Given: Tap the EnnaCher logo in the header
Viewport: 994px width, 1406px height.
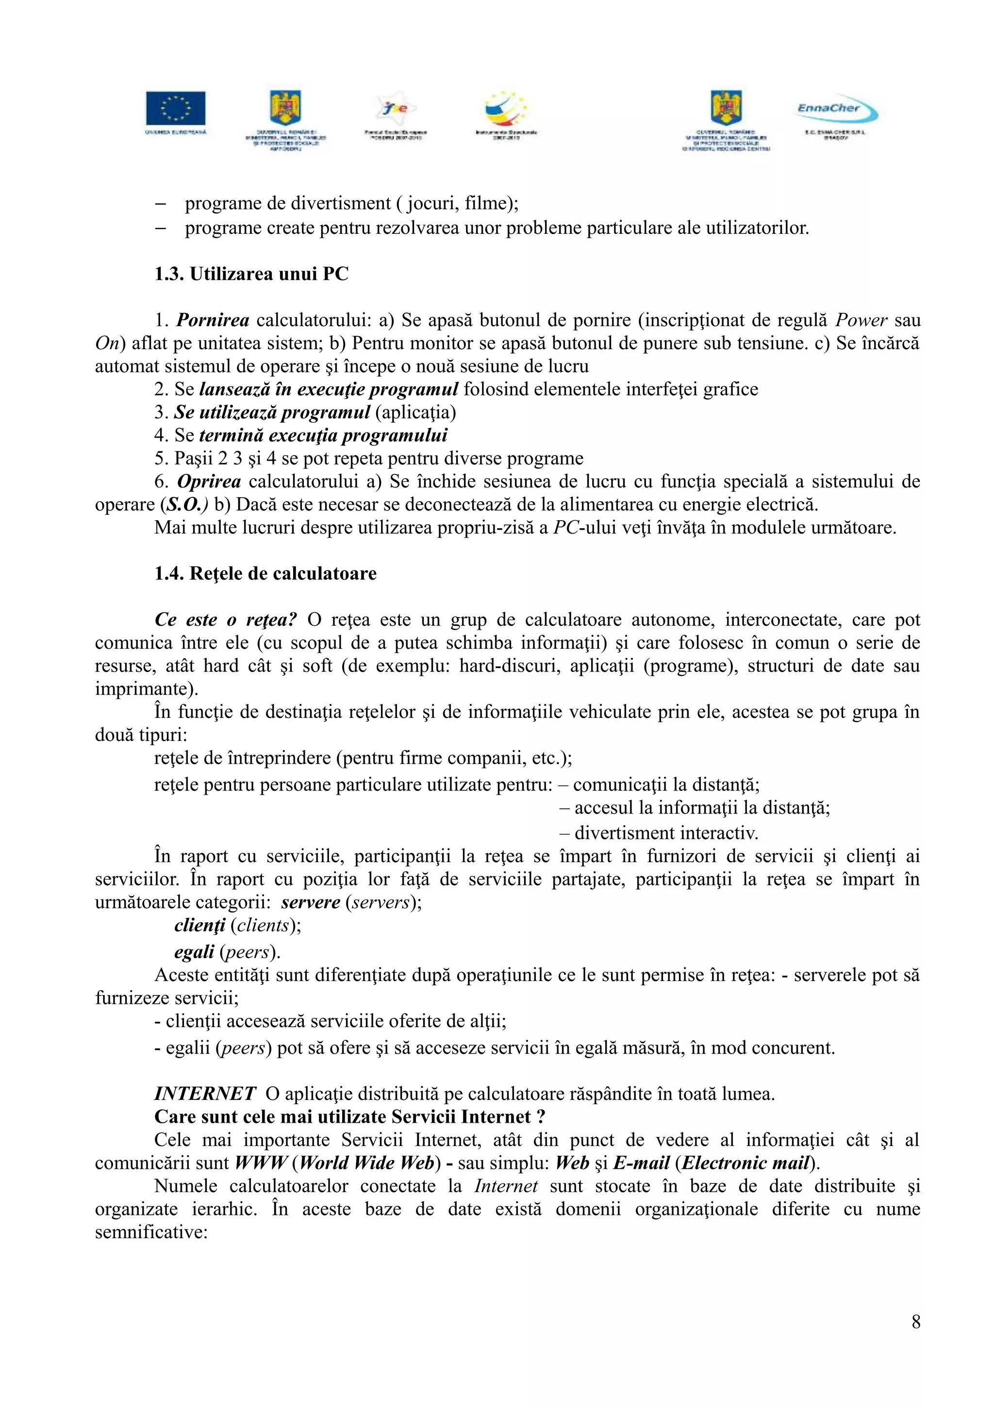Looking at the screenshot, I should point(837,110).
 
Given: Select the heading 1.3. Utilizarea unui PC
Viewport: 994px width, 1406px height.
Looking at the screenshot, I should point(251,274).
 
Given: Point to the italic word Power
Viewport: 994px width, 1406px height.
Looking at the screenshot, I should point(861,320).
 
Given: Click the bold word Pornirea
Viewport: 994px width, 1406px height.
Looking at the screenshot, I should point(213,320).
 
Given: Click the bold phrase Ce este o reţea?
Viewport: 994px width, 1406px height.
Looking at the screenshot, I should point(225,620).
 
